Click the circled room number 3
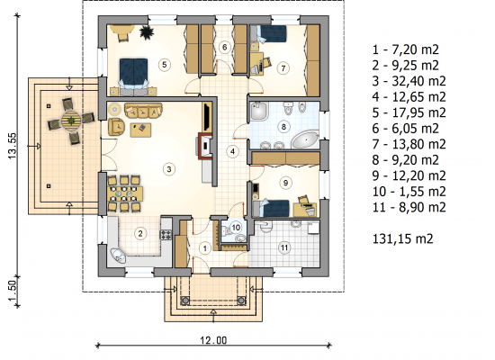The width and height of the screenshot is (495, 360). pyautogui.click(x=169, y=169)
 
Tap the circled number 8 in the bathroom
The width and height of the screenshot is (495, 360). pyautogui.click(x=283, y=127)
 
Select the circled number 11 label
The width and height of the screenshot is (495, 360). pyautogui.click(x=284, y=247)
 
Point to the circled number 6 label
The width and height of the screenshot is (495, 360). pyautogui.click(x=224, y=47)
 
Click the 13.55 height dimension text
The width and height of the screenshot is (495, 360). pyautogui.click(x=12, y=146)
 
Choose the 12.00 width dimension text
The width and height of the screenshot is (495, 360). pyautogui.click(x=213, y=340)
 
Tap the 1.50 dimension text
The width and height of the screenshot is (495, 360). pyautogui.click(x=12, y=292)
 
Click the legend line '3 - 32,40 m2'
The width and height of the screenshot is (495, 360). pyautogui.click(x=409, y=81)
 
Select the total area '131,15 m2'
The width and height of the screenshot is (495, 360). pyautogui.click(x=403, y=238)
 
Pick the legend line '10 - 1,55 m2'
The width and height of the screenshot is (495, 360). pyautogui.click(x=409, y=192)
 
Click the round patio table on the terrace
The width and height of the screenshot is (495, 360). pyautogui.click(x=71, y=121)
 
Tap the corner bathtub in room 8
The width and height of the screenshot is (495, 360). pyautogui.click(x=304, y=140)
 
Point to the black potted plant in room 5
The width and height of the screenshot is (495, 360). pyautogui.click(x=146, y=32)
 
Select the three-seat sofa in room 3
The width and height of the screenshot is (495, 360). pyautogui.click(x=143, y=110)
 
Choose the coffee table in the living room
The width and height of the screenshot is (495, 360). pyautogui.click(x=140, y=130)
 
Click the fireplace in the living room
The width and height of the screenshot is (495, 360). pyautogui.click(x=205, y=146)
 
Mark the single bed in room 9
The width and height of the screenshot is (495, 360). pyautogui.click(x=272, y=208)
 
